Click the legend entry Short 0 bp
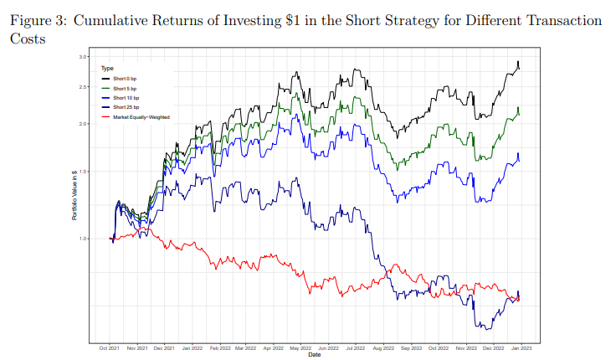[x=126, y=78]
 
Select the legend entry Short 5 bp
[x=126, y=88]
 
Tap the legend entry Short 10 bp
[x=126, y=98]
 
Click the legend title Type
[x=106, y=68]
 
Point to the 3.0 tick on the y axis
[x=83, y=56]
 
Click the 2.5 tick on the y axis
[x=83, y=87]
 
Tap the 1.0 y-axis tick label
[x=83, y=239]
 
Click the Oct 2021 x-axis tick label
[x=110, y=347]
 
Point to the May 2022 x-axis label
[x=300, y=347]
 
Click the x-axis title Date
[x=314, y=354]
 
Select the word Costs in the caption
[x=27, y=39]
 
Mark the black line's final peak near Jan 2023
[x=519, y=62]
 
